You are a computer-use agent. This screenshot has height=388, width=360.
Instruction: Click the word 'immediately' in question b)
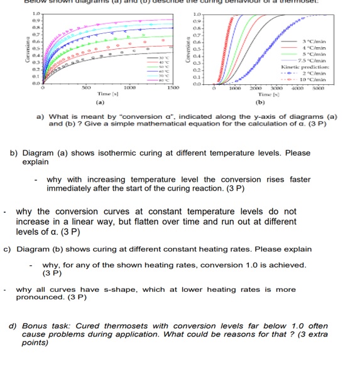coord(72,188)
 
